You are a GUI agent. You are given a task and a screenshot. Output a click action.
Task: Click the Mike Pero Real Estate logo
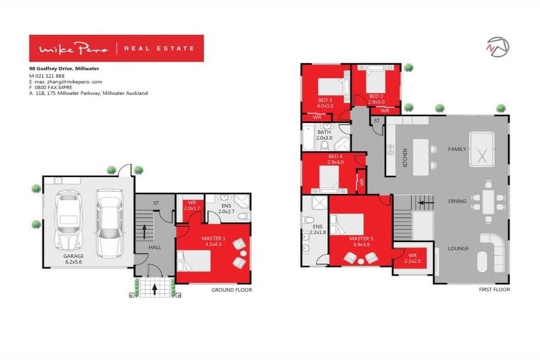116,49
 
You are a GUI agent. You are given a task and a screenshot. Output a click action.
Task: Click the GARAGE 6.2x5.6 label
73,259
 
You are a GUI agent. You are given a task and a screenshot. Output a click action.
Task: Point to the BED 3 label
324,103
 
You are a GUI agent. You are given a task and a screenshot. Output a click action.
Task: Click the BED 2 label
375,98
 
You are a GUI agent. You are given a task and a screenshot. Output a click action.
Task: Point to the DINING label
458,202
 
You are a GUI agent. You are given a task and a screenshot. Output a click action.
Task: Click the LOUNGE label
458,248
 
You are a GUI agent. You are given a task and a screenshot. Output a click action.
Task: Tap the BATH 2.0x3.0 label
324,135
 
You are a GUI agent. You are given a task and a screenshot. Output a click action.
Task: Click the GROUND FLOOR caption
231,290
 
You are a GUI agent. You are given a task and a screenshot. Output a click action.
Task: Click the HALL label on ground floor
155,248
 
